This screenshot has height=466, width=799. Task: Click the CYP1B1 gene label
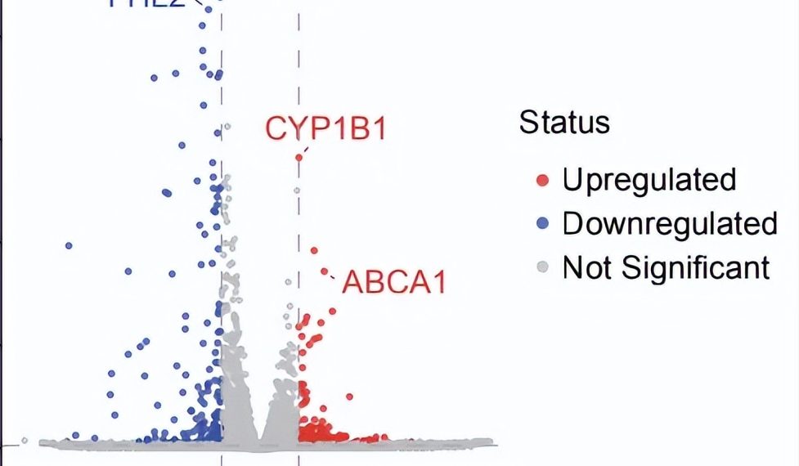[x=325, y=129]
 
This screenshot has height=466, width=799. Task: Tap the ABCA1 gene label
[x=395, y=282]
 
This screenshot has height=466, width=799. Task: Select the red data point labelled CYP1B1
[x=299, y=157]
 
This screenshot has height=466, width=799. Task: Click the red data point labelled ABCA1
[x=324, y=271]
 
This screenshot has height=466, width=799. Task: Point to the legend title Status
[x=564, y=123]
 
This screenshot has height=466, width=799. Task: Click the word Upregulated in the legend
[x=649, y=179]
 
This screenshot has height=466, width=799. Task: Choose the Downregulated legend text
[x=669, y=223]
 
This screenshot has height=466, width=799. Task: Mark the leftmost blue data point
[x=69, y=245]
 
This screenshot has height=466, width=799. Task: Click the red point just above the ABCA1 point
[x=313, y=251]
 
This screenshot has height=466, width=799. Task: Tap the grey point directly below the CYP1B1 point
[x=298, y=190]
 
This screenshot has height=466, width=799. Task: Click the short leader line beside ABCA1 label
[x=333, y=278]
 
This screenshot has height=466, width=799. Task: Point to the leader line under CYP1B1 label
[x=303, y=150]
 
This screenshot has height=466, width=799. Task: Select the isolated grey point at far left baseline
[x=25, y=441]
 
